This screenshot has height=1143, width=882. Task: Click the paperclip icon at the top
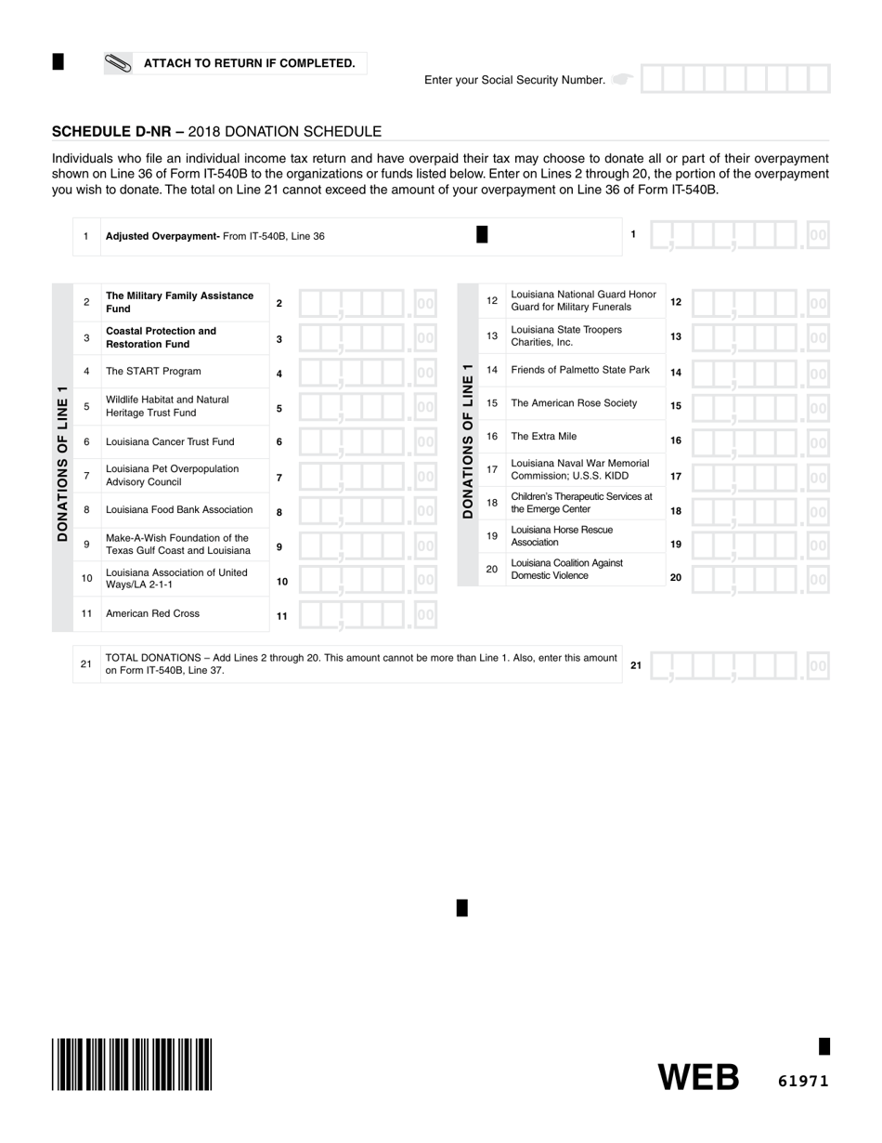(x=120, y=63)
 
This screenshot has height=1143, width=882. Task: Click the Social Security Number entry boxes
(x=734, y=79)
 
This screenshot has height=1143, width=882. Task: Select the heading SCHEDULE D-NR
(x=117, y=132)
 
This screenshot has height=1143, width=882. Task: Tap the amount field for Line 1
(x=739, y=235)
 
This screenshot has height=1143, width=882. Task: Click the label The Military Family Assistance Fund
(x=179, y=302)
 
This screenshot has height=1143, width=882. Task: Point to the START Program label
(x=153, y=371)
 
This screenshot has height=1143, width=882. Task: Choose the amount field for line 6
(x=368, y=442)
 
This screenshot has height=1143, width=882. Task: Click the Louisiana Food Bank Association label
(x=179, y=509)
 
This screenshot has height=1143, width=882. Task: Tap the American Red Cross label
(x=152, y=613)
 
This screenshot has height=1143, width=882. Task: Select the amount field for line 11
(x=368, y=614)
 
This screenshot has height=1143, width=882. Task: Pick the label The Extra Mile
(x=544, y=436)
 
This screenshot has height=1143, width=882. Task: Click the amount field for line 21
(x=739, y=665)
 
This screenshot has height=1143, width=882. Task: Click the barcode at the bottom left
(x=133, y=1064)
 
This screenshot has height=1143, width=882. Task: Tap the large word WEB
(x=699, y=1078)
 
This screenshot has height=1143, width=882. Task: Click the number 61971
(x=803, y=1081)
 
